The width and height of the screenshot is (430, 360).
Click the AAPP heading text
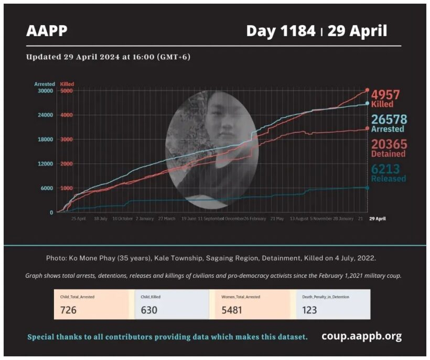pyautogui.click(x=47, y=31)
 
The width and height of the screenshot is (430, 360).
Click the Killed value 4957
pyautogui.click(x=385, y=95)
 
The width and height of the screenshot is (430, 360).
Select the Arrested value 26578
pyautogui.click(x=389, y=119)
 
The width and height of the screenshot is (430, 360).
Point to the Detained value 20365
pyautogui.click(x=389, y=144)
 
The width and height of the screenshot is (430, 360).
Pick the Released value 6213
pyautogui.click(x=385, y=169)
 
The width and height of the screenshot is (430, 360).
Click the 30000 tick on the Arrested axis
pyautogui.click(x=45, y=91)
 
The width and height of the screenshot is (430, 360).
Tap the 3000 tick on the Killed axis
pyautogui.click(x=67, y=139)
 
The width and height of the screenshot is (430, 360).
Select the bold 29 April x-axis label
pyautogui.click(x=377, y=219)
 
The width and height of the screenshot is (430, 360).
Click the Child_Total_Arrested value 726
pyautogui.click(x=69, y=310)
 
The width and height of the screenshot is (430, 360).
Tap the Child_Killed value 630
pyautogui.click(x=149, y=310)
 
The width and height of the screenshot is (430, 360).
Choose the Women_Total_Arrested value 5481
pyautogui.click(x=231, y=310)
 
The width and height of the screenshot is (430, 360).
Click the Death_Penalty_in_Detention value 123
pyautogui.click(x=310, y=310)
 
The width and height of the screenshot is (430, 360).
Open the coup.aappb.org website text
pyautogui.click(x=361, y=336)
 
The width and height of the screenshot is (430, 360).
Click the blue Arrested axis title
pyautogui.click(x=45, y=84)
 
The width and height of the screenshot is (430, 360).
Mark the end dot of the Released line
pyautogui.click(x=367, y=188)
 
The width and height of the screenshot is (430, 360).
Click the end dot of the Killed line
pyautogui.click(x=367, y=91)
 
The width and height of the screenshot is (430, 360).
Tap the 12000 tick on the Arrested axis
pyautogui.click(x=45, y=163)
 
